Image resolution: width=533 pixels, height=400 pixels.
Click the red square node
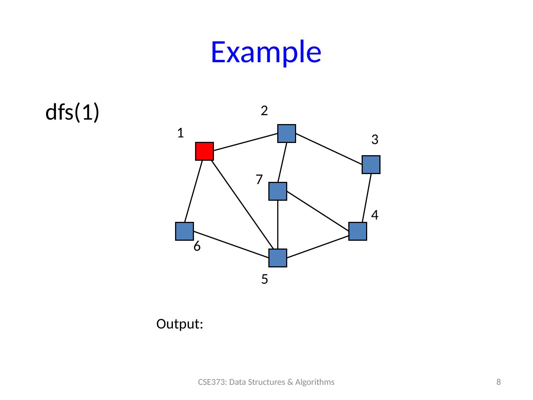204,151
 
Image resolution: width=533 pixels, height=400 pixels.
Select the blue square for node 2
286,133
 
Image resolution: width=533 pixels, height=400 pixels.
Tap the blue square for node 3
371,165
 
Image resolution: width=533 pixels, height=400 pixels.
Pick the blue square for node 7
278,191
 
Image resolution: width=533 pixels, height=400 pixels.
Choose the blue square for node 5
278,258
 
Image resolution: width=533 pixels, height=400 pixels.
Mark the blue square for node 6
185,231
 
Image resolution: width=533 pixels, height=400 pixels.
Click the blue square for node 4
358,231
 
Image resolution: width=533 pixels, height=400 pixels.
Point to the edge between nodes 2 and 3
329,149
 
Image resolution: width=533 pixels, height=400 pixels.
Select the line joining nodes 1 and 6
194,191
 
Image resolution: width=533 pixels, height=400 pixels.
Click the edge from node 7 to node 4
318,211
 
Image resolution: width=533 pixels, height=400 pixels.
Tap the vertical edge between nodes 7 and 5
278,225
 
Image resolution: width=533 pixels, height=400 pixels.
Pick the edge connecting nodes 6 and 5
231,244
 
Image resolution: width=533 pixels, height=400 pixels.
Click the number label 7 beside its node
259,180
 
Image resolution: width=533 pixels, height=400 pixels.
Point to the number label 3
375,140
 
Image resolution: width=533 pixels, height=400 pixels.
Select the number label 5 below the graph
265,279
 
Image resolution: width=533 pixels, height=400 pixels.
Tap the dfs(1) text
72,112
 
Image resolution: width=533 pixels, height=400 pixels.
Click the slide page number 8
499,382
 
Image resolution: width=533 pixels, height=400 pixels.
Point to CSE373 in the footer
212,382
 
